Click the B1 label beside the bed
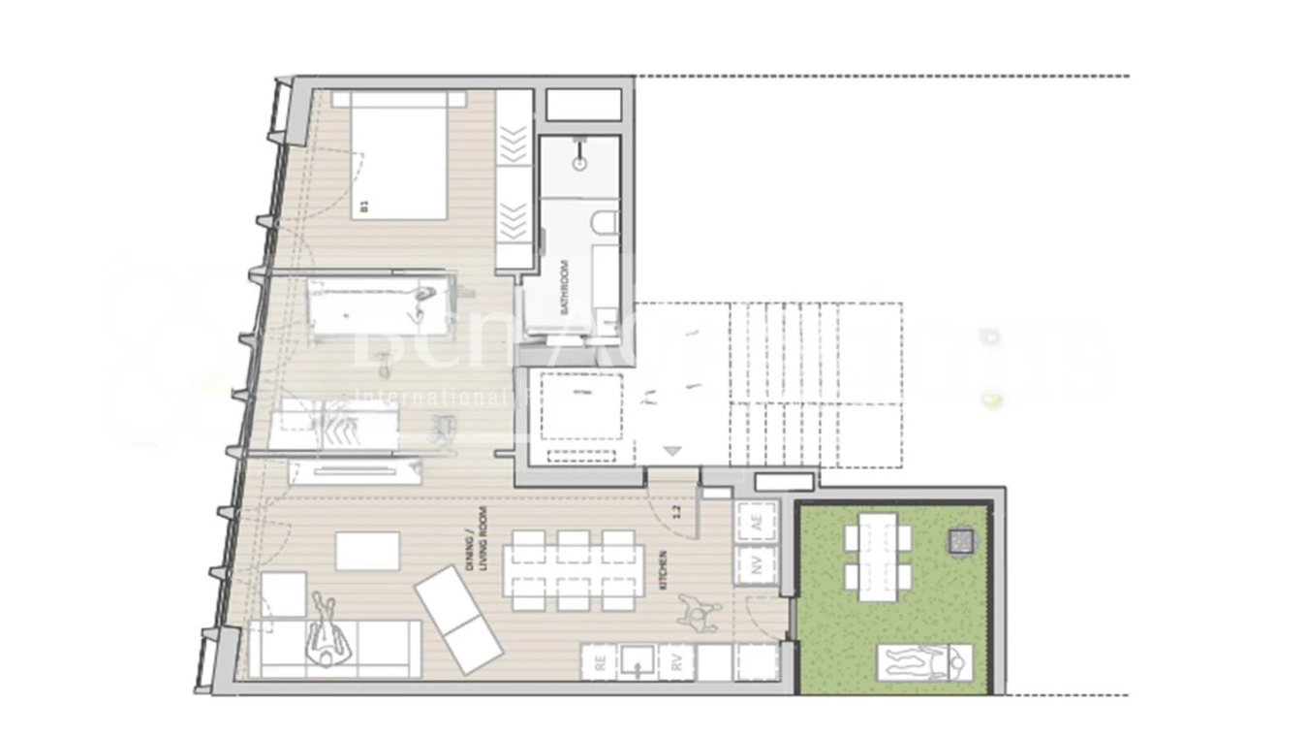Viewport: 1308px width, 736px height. point(364,205)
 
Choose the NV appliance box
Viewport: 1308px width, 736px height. point(757,565)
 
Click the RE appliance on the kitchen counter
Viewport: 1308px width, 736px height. point(601,662)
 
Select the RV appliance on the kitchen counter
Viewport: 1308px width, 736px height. point(677,662)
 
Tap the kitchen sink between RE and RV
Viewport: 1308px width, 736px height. point(638,662)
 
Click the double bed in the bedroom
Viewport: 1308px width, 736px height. point(398,155)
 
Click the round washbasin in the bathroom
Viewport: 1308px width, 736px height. point(580,163)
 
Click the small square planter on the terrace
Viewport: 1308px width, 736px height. point(960,539)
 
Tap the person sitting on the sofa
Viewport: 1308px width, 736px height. point(324,635)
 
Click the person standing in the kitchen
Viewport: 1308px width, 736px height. point(699,611)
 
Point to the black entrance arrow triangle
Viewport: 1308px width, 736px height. point(673,450)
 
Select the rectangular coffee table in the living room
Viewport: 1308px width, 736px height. point(367,551)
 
